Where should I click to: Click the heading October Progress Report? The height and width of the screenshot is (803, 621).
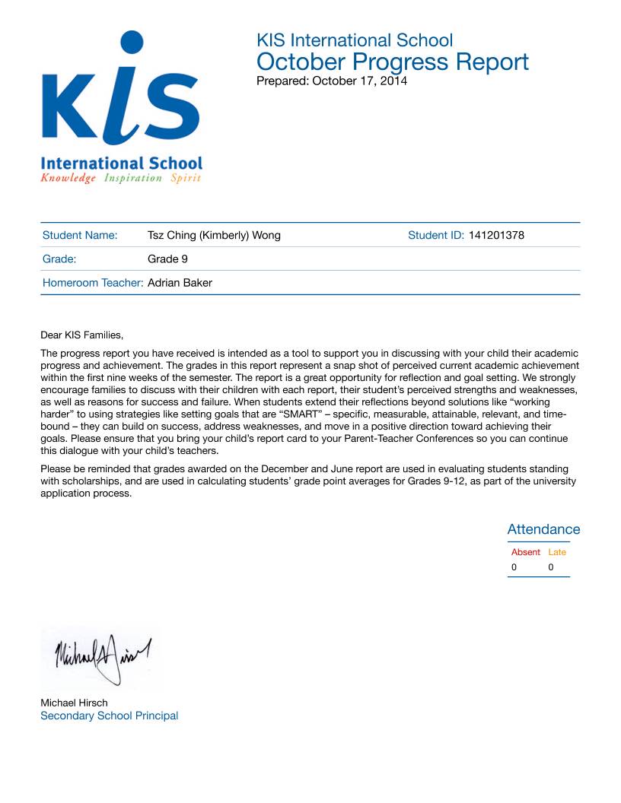click(392, 62)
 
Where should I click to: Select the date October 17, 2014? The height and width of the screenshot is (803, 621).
click(359, 81)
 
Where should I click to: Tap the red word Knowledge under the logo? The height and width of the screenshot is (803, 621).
click(68, 178)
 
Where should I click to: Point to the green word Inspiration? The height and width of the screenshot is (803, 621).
click(133, 178)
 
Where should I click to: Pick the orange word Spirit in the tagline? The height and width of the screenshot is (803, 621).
click(186, 178)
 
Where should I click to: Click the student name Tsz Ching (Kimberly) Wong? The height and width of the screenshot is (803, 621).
click(214, 235)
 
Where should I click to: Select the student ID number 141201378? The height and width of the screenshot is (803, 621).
click(496, 235)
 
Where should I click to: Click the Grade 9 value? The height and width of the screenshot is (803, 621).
click(167, 259)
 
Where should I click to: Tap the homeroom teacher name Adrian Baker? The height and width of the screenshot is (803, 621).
click(180, 283)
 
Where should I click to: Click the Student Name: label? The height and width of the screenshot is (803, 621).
click(80, 235)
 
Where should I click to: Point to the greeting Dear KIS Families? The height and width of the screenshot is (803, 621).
click(81, 335)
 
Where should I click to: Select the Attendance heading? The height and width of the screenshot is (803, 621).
click(543, 529)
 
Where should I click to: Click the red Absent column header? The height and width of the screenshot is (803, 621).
click(525, 552)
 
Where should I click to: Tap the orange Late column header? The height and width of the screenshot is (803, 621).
click(557, 552)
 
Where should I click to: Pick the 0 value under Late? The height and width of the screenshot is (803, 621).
click(550, 567)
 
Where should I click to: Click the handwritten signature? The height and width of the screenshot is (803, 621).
click(101, 654)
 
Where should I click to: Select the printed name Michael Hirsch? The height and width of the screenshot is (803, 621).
click(74, 703)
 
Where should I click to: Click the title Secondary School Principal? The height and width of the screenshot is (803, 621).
click(109, 716)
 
